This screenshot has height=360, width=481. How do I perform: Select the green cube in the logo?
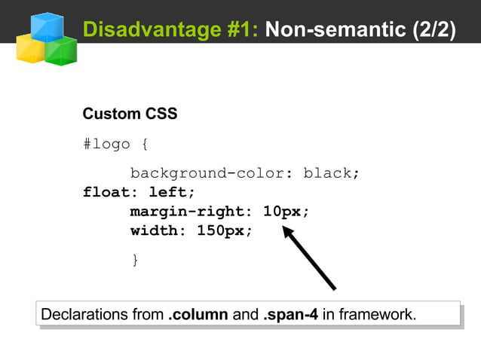point(61,50)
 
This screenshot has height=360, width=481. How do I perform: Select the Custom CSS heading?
point(130,114)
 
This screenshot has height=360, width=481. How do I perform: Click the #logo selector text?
point(106,144)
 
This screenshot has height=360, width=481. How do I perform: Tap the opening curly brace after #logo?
point(145,144)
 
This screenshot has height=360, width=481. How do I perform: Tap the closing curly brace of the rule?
point(135,260)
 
